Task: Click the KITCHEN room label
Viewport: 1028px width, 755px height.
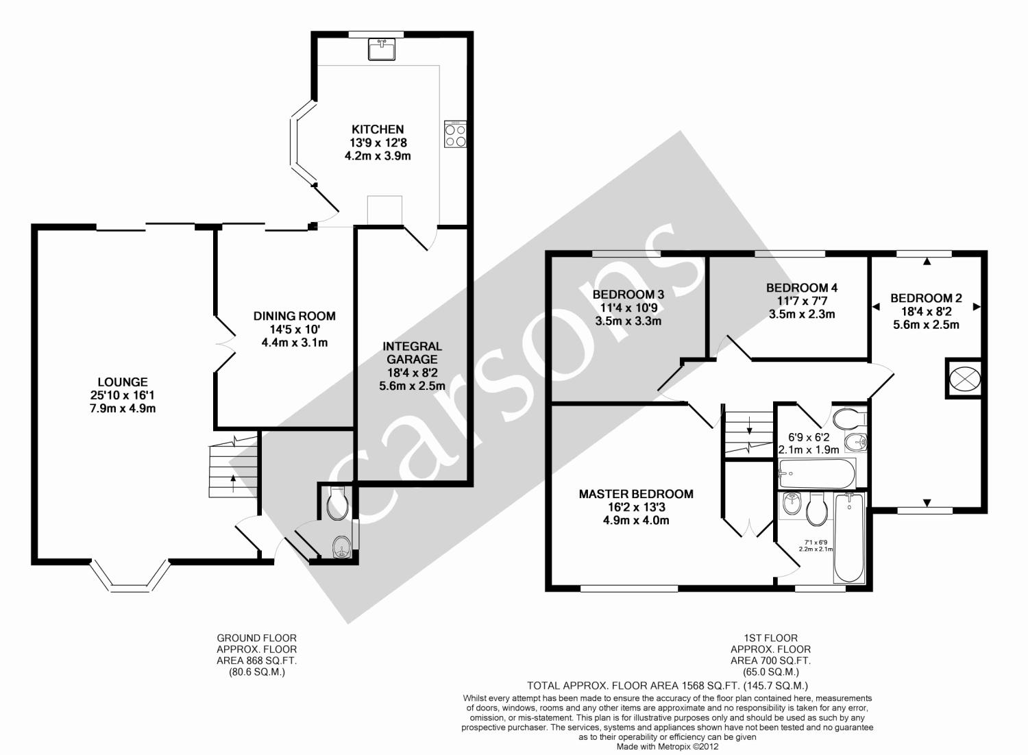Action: click(x=378, y=129)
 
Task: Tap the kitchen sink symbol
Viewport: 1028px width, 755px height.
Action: click(x=381, y=49)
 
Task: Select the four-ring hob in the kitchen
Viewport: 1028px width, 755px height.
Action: click(x=455, y=134)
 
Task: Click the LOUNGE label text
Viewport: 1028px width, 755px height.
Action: click(x=123, y=382)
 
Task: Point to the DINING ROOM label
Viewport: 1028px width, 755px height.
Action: click(x=295, y=316)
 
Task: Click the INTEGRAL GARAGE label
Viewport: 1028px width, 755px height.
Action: click(x=412, y=353)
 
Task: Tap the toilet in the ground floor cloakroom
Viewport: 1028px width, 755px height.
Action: click(x=337, y=504)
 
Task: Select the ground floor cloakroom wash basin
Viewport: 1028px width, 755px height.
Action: click(x=342, y=547)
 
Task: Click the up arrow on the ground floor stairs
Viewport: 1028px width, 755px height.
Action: click(x=233, y=484)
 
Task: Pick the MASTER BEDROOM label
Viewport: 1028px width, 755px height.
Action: click(x=636, y=494)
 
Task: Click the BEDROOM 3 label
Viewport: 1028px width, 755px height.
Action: click(x=628, y=295)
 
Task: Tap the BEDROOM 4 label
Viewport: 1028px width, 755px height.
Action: click(x=802, y=288)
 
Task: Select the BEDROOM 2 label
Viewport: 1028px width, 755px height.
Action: click(x=926, y=298)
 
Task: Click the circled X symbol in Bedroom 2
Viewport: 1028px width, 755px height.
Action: click(x=963, y=379)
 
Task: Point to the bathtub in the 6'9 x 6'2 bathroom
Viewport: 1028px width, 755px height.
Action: click(x=817, y=474)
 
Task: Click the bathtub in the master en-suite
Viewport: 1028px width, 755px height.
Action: click(x=849, y=538)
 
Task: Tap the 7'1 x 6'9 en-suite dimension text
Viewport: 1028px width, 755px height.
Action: click(x=816, y=545)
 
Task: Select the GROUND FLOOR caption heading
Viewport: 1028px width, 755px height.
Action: click(x=256, y=638)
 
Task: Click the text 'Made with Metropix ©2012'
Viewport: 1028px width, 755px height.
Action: click(x=668, y=746)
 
